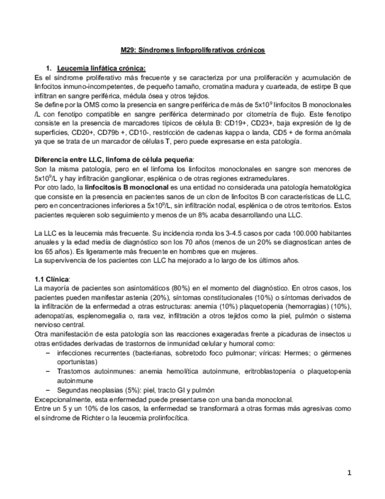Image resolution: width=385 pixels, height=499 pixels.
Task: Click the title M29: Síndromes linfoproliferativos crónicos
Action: [x=189, y=51]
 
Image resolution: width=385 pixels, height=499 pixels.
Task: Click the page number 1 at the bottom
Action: [x=349, y=473]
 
